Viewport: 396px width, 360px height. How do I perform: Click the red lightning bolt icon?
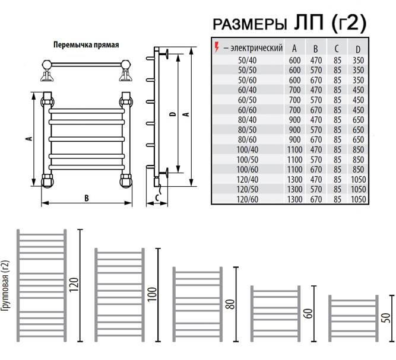217,47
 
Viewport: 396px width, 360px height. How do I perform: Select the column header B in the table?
315,49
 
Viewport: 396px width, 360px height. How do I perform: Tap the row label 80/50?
247,130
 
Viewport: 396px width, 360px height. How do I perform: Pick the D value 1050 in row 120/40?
358,179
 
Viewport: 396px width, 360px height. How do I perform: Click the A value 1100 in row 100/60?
294,169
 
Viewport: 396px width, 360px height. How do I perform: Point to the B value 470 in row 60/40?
316,90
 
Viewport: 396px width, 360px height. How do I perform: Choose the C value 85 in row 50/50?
337,70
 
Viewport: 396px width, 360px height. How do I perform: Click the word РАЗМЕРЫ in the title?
250,25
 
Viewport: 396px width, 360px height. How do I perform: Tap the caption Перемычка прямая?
86,45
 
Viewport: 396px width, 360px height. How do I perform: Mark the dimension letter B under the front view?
87,198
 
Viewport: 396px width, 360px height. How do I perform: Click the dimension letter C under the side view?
157,197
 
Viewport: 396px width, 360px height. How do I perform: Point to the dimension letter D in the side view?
173,114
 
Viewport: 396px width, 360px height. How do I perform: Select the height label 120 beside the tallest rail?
74,285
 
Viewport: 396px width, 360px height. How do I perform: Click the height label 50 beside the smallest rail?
387,318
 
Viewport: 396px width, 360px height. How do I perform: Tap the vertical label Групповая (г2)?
5,286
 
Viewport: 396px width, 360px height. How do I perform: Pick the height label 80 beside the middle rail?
230,304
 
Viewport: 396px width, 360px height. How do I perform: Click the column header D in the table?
358,49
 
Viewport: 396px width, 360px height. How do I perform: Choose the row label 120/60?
247,199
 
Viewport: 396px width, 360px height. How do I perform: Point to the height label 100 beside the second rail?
152,294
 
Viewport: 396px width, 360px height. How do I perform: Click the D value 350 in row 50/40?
358,60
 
